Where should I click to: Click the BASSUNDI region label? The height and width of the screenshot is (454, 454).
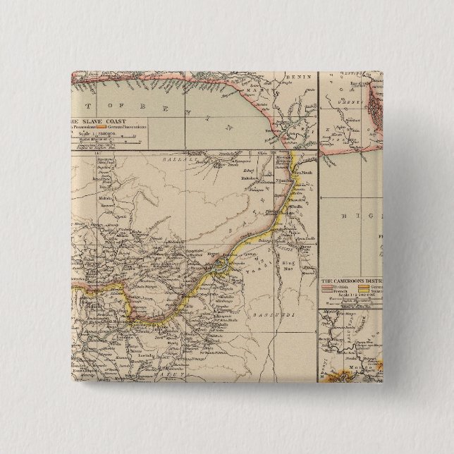(x=265, y=295)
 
